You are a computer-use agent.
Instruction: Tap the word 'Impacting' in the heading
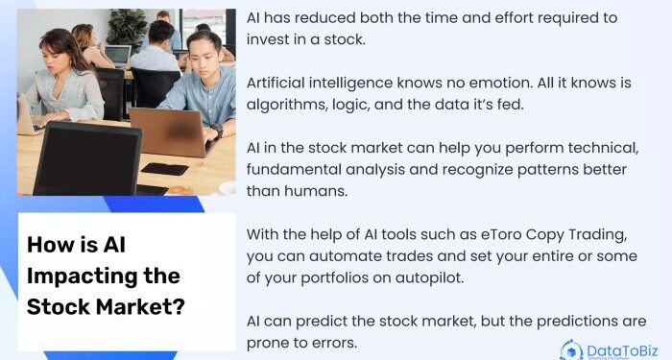103,276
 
